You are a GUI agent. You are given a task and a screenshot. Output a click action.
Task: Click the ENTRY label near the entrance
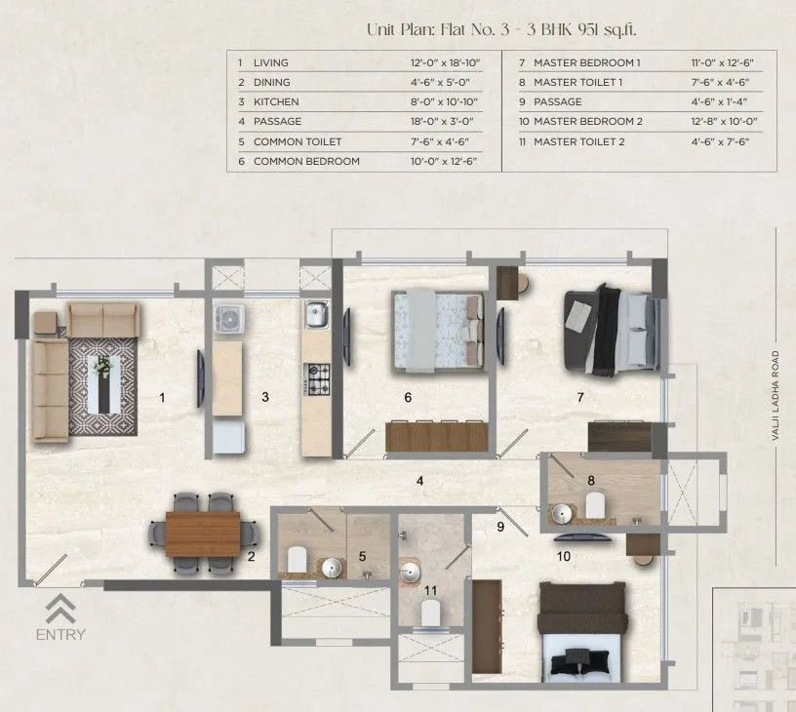[60, 635]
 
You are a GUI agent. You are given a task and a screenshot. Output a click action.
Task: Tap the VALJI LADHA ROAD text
[777, 396]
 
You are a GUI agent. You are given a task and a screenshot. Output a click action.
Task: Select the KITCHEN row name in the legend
[275, 101]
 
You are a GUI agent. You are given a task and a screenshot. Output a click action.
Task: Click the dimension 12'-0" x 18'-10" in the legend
[447, 62]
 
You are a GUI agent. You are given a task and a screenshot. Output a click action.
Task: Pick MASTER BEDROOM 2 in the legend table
[588, 122]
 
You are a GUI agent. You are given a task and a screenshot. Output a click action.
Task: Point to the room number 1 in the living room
[162, 397]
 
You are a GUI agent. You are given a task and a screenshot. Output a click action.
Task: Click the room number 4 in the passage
[418, 480]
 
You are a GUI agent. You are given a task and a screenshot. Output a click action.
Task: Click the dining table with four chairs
[203, 534]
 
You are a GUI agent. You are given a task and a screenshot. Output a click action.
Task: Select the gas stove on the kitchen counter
[317, 376]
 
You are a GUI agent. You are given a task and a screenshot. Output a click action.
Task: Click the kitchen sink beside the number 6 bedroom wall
[316, 314]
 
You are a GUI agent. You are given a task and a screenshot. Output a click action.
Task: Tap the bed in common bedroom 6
[438, 332]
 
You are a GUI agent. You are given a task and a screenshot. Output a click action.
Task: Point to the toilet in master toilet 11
[428, 612]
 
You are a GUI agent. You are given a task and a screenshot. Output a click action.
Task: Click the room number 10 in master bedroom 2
[563, 557]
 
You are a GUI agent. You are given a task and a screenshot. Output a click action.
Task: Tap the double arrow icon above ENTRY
[60, 608]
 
